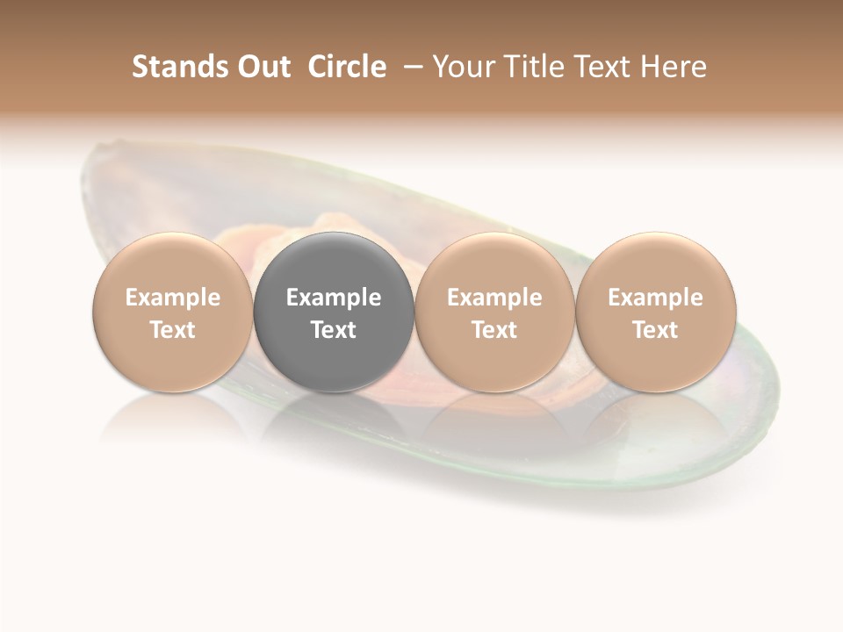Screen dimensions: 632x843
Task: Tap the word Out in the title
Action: (263, 67)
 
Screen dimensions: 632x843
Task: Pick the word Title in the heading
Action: (534, 67)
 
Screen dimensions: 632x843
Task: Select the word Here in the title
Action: (675, 67)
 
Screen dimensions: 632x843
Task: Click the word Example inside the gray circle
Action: (334, 298)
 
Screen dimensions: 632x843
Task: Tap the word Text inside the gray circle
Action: (334, 330)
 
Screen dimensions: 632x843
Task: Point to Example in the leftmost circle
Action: (173, 298)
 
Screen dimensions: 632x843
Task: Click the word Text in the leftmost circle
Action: (173, 330)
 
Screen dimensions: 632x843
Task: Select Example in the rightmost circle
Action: (656, 298)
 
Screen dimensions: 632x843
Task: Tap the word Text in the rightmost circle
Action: (656, 330)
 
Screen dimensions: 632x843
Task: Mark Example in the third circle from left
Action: (494, 298)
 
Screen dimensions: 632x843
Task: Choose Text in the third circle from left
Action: (494, 330)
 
